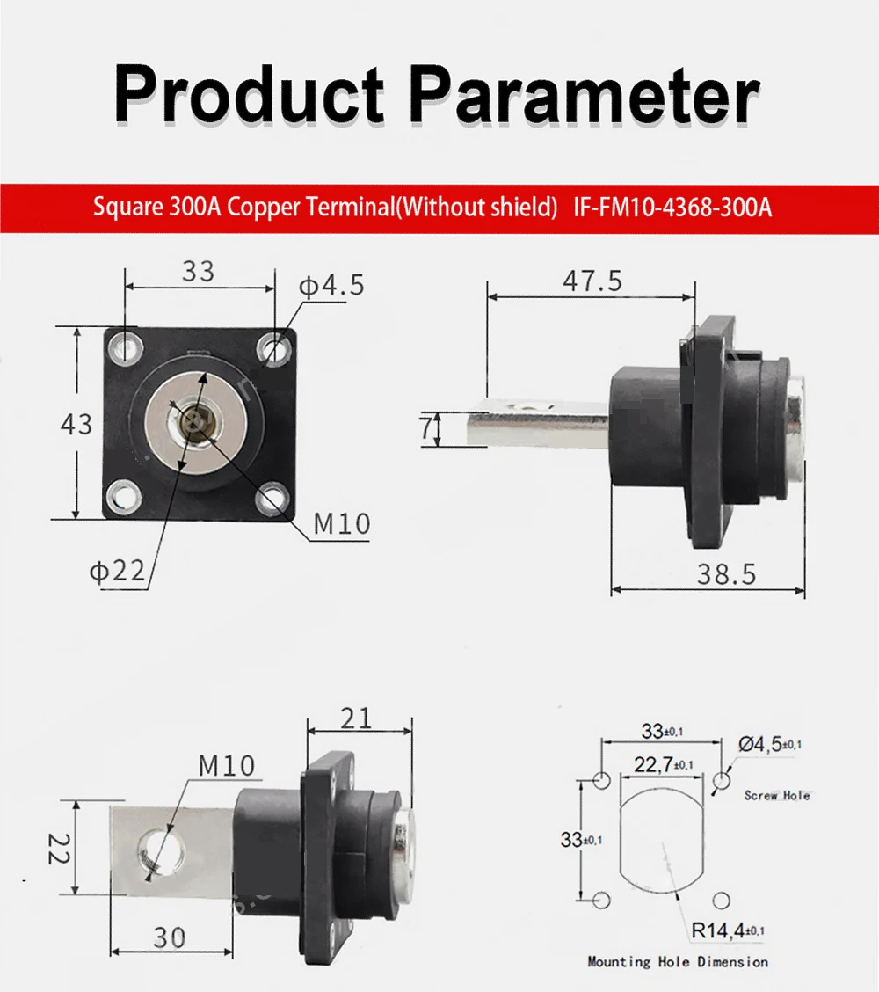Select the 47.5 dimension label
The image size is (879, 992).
pos(592,281)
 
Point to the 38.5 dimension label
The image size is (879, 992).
pos(726,574)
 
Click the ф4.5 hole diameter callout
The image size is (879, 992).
pos(331,286)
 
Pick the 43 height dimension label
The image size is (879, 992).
pos(76,425)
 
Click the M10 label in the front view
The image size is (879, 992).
pos(342,525)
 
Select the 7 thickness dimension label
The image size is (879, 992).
pos(426,428)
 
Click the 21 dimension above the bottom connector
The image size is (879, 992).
pos(356,718)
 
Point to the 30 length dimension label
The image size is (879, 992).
pos(169,937)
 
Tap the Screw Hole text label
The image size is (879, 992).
pos(777,795)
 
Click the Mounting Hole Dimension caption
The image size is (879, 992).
pos(678,962)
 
